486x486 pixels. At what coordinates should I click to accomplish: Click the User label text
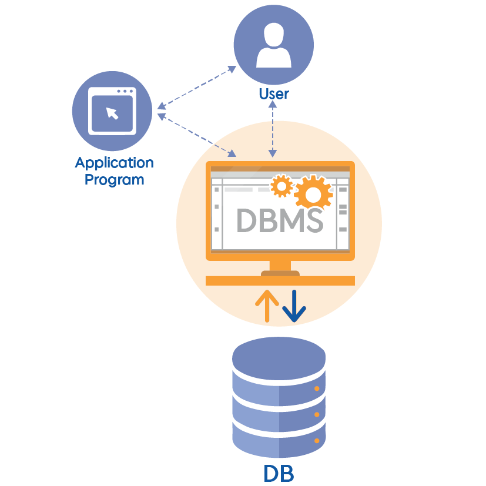tap(273, 93)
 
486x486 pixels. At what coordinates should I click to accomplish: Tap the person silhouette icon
tap(273, 45)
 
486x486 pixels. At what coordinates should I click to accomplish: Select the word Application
tap(115, 163)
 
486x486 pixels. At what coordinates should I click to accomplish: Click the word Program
tap(115, 179)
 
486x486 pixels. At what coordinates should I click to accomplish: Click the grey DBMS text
tap(279, 221)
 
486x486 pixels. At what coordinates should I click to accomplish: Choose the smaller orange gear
tap(281, 186)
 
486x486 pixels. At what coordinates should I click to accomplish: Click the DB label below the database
tap(279, 472)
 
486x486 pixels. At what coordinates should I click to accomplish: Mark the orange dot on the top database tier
tap(317, 388)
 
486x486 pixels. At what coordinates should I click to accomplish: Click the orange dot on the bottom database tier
tap(317, 440)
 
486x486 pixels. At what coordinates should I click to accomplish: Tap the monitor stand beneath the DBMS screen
tap(280, 273)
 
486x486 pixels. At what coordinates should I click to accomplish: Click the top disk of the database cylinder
tap(279, 359)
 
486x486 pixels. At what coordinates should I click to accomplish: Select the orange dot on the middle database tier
tap(317, 414)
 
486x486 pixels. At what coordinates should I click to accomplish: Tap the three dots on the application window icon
tap(126, 92)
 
